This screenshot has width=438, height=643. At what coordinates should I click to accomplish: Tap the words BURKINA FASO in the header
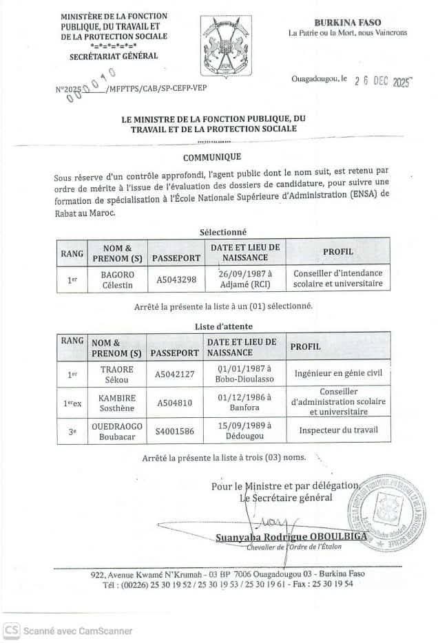[x=347, y=23]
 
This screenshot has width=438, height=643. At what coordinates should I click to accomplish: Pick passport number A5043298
[x=176, y=280]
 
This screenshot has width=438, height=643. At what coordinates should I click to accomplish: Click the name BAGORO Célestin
[x=118, y=279]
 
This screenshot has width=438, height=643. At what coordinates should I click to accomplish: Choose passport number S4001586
[x=176, y=431]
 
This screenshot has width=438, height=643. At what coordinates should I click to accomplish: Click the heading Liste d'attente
[x=221, y=326]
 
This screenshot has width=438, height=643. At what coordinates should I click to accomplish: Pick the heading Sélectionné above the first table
[x=222, y=232]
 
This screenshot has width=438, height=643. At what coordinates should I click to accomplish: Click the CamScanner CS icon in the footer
[x=11, y=629]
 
